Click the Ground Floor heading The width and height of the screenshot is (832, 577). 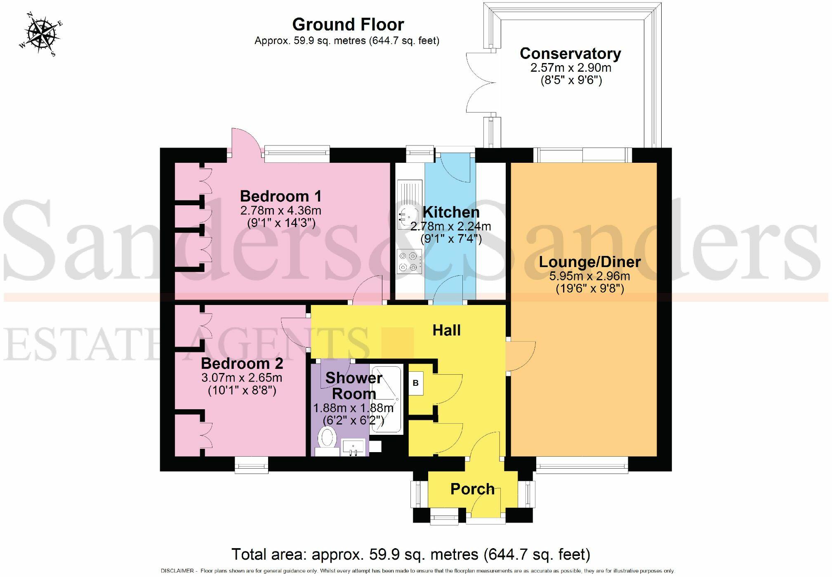point(348,25)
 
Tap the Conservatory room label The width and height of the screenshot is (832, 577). point(570,54)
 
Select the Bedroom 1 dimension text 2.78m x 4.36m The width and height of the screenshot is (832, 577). point(280,211)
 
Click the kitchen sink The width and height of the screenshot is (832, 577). point(404,215)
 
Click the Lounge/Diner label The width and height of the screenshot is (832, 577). point(589,262)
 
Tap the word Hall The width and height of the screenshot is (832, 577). point(446,330)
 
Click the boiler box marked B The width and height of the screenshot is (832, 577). point(415,383)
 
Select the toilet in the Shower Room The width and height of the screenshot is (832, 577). point(328,438)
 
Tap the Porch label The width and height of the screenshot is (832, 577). point(472,489)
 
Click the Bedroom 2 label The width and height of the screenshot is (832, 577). point(242,364)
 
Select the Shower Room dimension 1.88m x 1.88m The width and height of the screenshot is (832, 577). point(353,408)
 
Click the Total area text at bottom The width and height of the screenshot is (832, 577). point(410,554)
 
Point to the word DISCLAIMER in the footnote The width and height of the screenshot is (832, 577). point(177,571)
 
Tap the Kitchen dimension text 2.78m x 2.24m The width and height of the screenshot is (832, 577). point(450,226)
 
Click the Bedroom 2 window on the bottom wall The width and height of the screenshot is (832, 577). point(252,465)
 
